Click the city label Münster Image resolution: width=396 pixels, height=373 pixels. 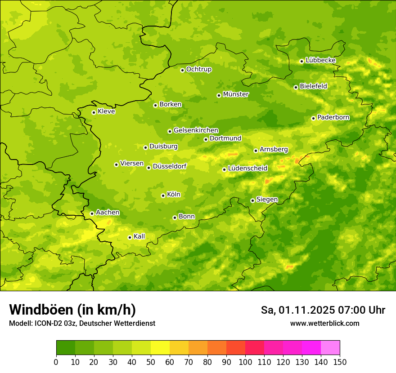tap(236, 94)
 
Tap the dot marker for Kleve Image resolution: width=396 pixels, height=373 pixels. tap(94, 112)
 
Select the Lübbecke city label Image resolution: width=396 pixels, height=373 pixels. tap(320, 60)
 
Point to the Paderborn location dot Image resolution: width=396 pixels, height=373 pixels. tap(313, 118)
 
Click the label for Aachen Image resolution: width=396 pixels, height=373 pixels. tap(108, 213)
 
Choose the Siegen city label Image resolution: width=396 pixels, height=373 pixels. tap(267, 200)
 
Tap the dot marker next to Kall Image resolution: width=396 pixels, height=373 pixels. tap(130, 237)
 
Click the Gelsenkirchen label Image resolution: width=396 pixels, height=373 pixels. tap(196, 130)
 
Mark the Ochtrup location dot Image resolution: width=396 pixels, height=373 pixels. tap(182, 70)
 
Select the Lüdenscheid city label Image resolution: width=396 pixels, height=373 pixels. tap(247, 169)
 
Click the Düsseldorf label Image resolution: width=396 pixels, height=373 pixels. tap(170, 166)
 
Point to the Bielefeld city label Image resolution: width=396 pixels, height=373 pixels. tap(313, 86)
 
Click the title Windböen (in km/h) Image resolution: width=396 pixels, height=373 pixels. tap(72, 310)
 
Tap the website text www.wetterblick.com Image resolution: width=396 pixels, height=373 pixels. tap(324, 323)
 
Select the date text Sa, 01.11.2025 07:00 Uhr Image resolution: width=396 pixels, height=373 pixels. tap(323, 310)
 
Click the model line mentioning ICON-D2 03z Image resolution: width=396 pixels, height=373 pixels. tap(82, 323)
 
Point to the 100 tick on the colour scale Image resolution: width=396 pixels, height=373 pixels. tap(245, 362)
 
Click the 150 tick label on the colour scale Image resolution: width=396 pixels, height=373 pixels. tap(340, 362)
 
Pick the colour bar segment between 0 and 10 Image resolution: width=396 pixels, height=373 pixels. tap(66, 348)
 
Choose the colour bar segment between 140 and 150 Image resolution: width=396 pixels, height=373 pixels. tap(330, 348)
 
